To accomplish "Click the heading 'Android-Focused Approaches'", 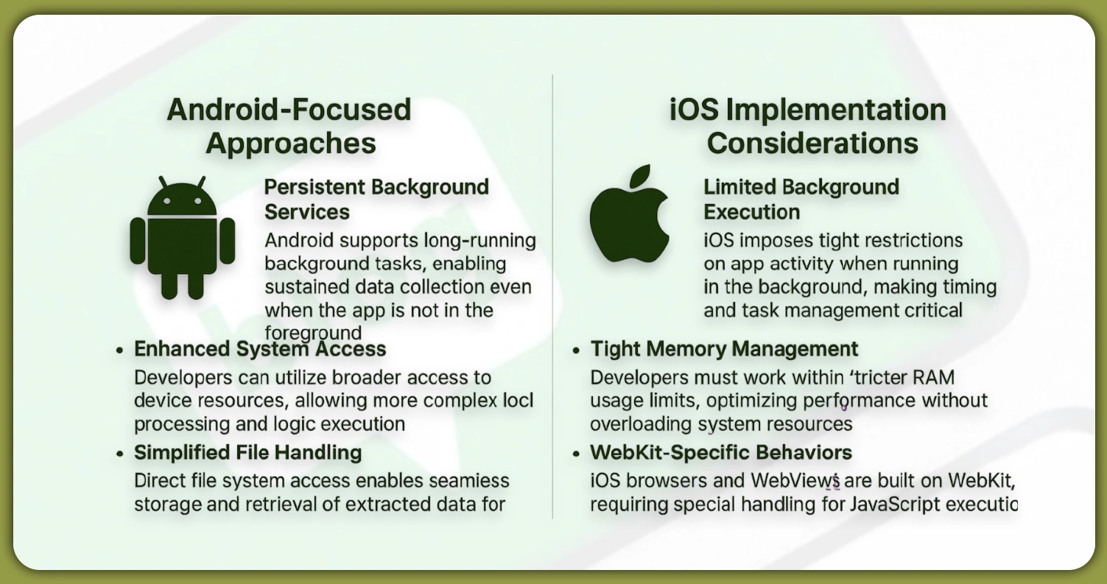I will [289, 126].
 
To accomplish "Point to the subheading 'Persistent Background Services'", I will [376, 199].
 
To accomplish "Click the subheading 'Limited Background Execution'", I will [801, 199].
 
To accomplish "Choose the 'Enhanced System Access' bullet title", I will [260, 348].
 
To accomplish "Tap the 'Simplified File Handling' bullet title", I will [247, 451].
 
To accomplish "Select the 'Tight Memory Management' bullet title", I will [724, 348].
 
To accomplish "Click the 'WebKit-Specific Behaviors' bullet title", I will [721, 451].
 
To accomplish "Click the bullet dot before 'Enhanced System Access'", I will [119, 350].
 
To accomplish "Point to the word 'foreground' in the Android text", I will [313, 332].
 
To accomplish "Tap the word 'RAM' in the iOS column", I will [933, 378].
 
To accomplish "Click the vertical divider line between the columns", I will [552, 295].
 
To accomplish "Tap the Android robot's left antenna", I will [164, 183].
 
